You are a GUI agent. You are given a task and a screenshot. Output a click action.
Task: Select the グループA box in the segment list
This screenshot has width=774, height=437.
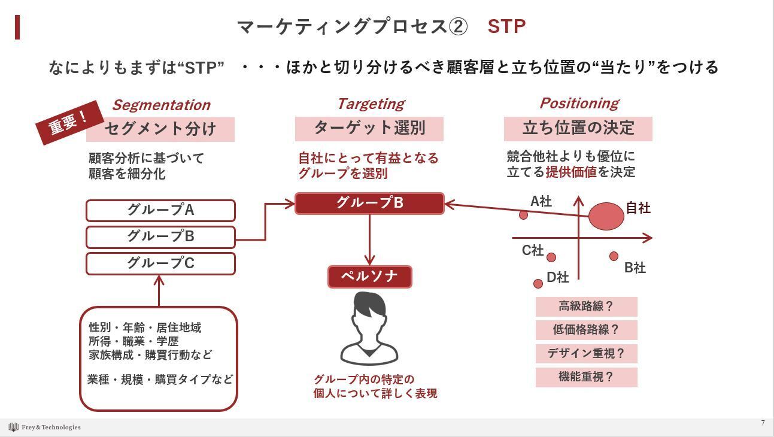click(x=160, y=211)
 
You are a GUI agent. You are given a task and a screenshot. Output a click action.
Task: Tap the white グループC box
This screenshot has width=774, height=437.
click(x=160, y=263)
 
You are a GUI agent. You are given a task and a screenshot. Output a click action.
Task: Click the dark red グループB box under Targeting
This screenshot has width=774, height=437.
click(x=369, y=203)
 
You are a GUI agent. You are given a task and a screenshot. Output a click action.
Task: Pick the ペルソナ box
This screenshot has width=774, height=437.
click(x=369, y=277)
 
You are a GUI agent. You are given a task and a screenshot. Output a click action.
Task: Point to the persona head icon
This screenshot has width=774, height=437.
click(x=369, y=326)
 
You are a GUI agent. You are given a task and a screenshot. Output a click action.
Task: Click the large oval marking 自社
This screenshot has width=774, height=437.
click(x=606, y=216)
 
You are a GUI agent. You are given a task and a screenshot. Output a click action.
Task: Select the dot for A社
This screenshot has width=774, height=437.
click(x=524, y=215)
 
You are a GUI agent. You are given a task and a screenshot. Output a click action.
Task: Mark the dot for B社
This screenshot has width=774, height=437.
click(x=614, y=256)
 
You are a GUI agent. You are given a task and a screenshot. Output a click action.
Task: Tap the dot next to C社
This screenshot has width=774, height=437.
click(x=551, y=257)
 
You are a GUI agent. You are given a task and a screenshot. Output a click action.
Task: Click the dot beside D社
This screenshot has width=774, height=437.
click(x=538, y=284)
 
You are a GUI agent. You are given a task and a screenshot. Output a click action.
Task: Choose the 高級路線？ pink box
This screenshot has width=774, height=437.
click(x=586, y=306)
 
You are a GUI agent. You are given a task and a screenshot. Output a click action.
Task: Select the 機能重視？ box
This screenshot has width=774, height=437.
click(x=586, y=377)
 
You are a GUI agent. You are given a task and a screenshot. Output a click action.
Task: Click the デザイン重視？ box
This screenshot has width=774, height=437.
click(x=586, y=353)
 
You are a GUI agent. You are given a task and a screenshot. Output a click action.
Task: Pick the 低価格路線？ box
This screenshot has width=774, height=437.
click(x=586, y=330)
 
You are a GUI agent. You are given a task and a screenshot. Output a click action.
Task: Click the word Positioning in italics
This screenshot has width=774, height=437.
click(x=579, y=103)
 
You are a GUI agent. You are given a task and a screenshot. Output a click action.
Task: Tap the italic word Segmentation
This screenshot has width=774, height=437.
click(x=161, y=105)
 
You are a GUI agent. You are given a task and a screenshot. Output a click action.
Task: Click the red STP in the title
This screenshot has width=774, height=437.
click(x=506, y=26)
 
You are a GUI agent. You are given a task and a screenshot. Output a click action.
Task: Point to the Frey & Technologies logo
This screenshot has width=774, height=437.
click(x=44, y=427)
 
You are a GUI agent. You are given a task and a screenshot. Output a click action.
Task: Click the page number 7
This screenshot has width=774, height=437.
click(x=763, y=423)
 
